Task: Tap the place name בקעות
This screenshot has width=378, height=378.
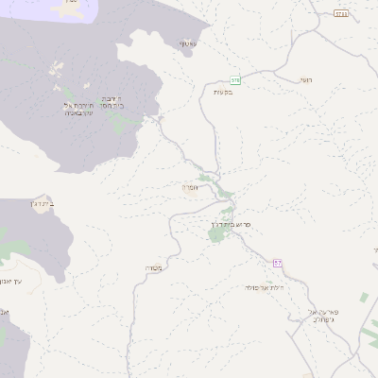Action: coord(223,92)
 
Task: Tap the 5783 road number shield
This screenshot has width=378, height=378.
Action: coord(340,14)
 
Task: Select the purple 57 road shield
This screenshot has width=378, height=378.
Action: coord(278,263)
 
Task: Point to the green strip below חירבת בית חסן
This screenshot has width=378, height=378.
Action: coord(118,122)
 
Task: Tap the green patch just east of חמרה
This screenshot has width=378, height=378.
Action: coord(226,191)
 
